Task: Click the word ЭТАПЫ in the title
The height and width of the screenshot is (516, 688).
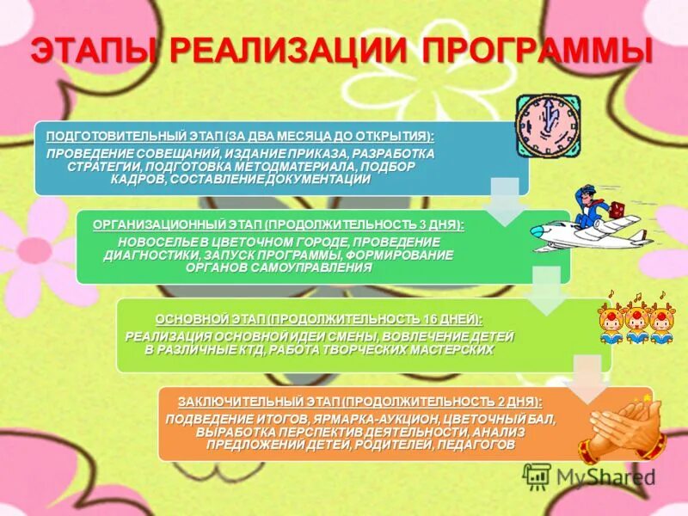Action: point(92,50)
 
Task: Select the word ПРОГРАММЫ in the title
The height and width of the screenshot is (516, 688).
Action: point(537,50)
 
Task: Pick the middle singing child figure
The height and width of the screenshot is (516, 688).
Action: point(636,323)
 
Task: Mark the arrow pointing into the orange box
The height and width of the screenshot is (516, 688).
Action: point(588,378)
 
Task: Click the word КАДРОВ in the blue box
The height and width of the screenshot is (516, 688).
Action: point(135,179)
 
